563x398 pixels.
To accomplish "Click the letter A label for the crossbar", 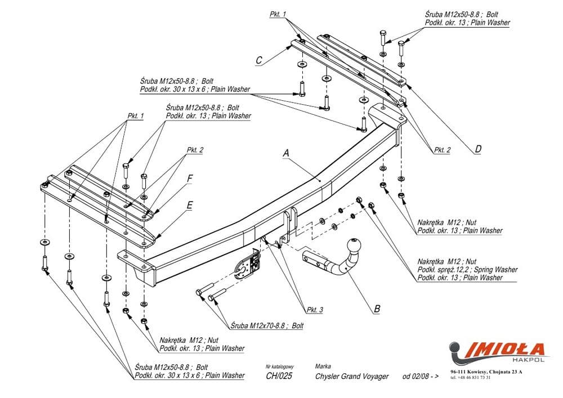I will pos(286,153).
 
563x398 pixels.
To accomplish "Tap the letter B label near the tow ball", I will pos(377,308).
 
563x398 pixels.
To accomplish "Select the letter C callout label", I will pos(258,60).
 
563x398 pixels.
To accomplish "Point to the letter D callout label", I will pos(478,149).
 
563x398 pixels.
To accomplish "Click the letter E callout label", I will pos(190,206).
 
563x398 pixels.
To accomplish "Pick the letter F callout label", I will pos(190,178).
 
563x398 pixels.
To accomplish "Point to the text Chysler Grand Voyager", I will pos(351,377).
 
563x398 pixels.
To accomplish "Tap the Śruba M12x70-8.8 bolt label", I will pos(267,326).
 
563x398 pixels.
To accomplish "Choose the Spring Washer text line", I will pos(467,270).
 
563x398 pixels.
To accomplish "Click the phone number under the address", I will pos(470,377).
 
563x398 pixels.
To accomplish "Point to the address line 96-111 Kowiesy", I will pos(486,372).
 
